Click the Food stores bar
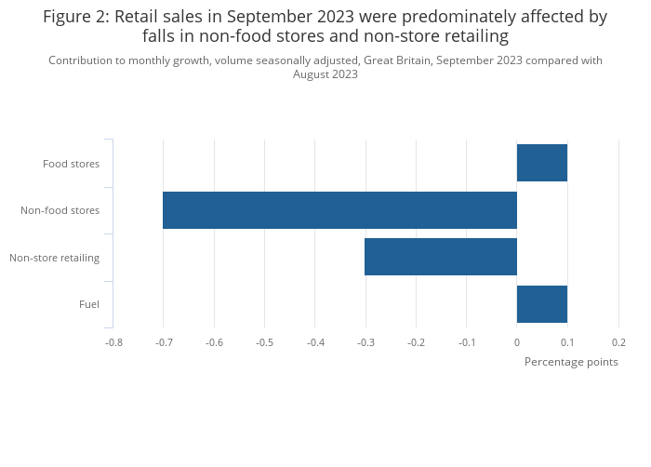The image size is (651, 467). (x=542, y=163)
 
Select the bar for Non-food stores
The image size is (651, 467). (x=339, y=210)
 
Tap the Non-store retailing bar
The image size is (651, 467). (x=441, y=257)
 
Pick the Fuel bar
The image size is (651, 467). (x=542, y=304)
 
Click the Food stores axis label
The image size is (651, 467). (x=71, y=164)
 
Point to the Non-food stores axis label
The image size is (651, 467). (x=60, y=210)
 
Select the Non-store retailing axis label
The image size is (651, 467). (x=54, y=258)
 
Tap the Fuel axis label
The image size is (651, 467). (x=89, y=304)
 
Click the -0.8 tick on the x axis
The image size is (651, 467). (x=113, y=342)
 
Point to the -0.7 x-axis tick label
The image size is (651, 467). (x=163, y=342)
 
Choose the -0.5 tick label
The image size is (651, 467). (x=264, y=342)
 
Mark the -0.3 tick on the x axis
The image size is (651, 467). (x=365, y=342)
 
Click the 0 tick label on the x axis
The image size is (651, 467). (x=517, y=342)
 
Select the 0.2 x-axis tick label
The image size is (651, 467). (x=618, y=342)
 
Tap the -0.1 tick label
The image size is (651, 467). (x=466, y=342)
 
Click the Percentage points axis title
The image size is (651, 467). (x=571, y=362)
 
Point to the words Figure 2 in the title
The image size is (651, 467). (x=76, y=17)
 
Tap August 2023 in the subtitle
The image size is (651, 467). (x=325, y=74)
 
